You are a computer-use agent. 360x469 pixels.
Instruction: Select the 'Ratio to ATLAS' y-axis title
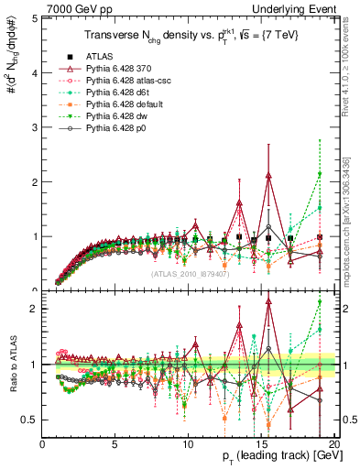(12, 365)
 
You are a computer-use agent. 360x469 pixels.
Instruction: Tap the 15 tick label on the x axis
(261, 443)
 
